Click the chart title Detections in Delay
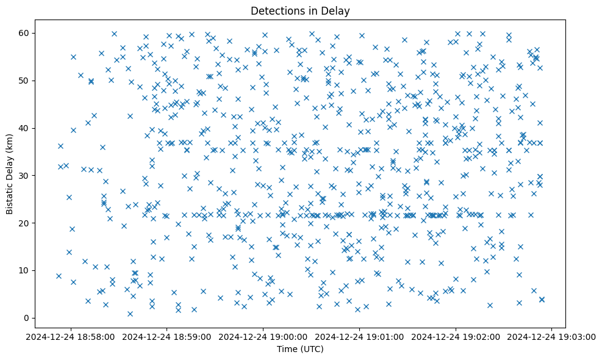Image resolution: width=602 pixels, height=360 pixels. (301, 10)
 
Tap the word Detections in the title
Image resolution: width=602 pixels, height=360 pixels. (275, 10)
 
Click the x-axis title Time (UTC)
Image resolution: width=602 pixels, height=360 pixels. (301, 350)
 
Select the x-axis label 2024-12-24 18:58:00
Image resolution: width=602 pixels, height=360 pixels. (71, 336)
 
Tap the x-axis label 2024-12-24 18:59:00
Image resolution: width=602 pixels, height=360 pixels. (167, 336)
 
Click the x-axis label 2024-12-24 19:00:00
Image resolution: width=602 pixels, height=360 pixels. (263, 336)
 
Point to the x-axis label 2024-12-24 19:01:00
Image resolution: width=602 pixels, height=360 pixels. (360, 336)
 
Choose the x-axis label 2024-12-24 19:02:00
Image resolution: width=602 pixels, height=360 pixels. (456, 336)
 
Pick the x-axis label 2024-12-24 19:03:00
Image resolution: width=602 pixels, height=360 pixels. (553, 336)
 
